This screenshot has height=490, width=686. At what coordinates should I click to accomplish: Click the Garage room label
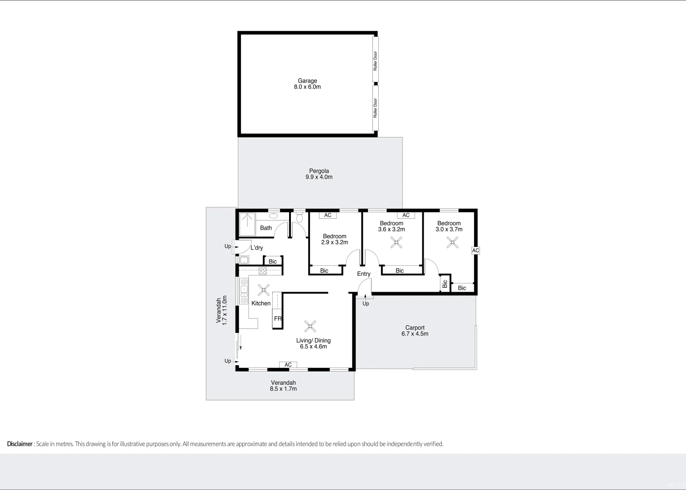click(307, 84)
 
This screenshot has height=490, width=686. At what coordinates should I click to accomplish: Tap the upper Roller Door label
click(375, 60)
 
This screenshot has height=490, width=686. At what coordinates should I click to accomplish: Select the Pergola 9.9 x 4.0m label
click(319, 174)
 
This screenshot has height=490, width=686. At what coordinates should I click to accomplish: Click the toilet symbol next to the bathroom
click(299, 218)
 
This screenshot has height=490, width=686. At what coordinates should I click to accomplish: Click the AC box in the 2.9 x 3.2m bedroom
click(328, 215)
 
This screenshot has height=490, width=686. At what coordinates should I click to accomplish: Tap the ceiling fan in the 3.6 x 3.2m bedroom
click(396, 243)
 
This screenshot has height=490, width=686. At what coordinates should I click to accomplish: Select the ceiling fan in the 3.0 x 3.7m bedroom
click(452, 243)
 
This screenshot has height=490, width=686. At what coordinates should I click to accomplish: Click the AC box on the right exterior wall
click(475, 250)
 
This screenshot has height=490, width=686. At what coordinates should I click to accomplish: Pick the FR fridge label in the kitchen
click(278, 318)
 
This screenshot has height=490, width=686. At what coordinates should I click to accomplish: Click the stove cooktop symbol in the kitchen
click(263, 271)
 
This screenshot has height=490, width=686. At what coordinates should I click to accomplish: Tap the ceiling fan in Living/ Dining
click(310, 326)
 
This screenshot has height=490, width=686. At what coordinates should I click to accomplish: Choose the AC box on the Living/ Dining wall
click(288, 365)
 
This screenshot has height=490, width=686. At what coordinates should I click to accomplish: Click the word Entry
click(363, 274)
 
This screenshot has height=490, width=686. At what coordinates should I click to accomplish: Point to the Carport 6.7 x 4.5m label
click(415, 331)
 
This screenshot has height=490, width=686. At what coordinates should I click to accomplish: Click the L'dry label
click(256, 248)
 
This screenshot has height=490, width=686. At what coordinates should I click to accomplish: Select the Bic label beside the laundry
click(273, 261)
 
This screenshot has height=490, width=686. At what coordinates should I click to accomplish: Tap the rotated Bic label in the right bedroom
click(444, 284)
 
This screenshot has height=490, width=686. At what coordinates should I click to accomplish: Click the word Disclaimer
click(20, 444)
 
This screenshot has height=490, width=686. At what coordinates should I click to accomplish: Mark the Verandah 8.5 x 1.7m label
click(283, 386)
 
